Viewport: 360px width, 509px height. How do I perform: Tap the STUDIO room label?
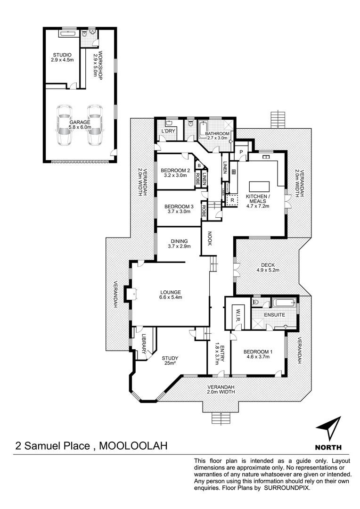pyautogui.click(x=62, y=57)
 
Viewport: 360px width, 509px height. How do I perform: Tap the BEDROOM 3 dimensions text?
pyautogui.click(x=179, y=212)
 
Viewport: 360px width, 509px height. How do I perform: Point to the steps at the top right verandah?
pyautogui.click(x=278, y=119)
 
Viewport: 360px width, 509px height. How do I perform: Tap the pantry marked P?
pyautogui.click(x=241, y=152)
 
